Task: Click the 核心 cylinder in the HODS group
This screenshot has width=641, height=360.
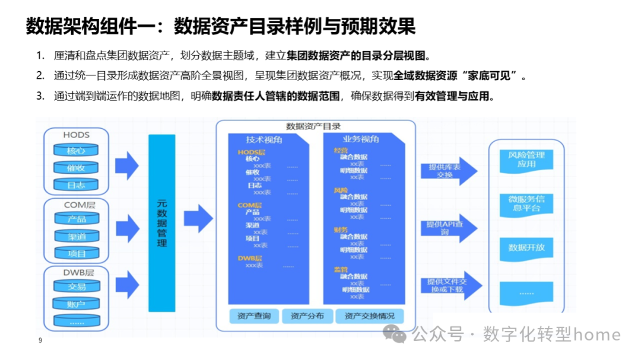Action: click(x=76, y=151)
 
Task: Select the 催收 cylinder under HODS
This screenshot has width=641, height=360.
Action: click(x=76, y=168)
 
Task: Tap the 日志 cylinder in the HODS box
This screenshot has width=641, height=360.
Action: click(x=76, y=185)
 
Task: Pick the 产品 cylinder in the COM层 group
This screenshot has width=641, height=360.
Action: click(x=77, y=219)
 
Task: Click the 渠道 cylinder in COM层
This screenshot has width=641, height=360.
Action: click(x=77, y=237)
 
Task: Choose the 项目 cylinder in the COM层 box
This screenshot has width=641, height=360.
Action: click(x=77, y=254)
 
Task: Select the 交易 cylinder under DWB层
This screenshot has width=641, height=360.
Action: click(x=77, y=287)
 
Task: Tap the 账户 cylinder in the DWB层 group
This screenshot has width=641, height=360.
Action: click(x=77, y=304)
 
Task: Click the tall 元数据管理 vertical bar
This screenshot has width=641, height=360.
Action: click(x=162, y=223)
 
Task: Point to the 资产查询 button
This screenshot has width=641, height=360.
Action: click(x=253, y=316)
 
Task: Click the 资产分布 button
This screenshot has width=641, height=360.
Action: click(x=307, y=316)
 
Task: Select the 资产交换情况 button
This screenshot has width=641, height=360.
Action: click(x=369, y=316)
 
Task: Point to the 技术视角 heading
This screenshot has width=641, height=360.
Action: click(x=264, y=139)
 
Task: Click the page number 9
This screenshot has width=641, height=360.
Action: click(x=40, y=340)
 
